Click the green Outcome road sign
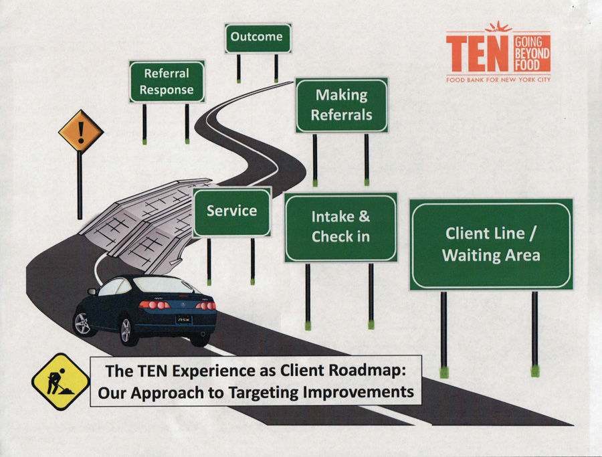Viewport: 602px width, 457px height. [x=258, y=37]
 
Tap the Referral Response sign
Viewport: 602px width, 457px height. [x=167, y=82]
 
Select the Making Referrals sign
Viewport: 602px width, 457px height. [x=342, y=105]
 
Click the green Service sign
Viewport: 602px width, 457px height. [x=231, y=211]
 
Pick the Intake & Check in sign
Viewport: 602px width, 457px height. [x=340, y=227]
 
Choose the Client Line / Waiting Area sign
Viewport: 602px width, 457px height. [x=491, y=244]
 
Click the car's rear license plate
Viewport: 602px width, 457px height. [x=184, y=320]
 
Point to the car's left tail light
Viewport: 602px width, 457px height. [x=152, y=305]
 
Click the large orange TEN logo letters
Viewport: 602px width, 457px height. [x=478, y=53]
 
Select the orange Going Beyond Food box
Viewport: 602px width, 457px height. [x=532, y=53]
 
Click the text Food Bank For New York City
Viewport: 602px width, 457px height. [x=498, y=80]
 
